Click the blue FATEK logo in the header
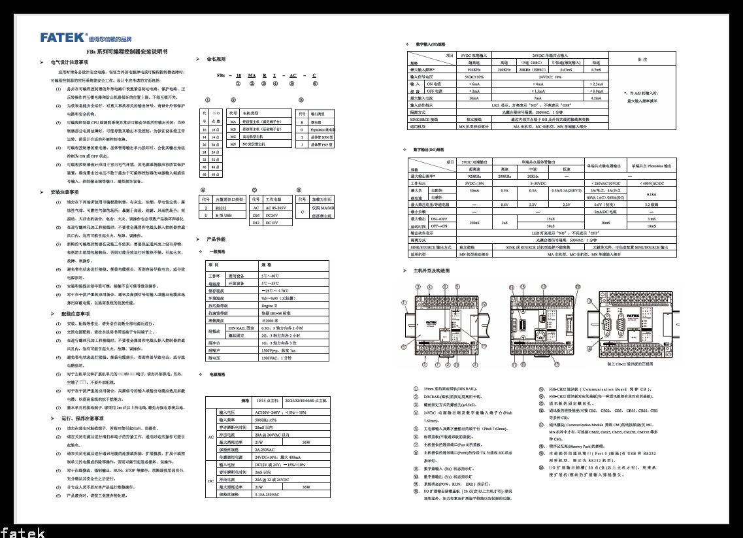63,37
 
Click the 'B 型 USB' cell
223,214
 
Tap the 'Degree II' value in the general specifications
269,305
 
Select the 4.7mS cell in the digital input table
596,69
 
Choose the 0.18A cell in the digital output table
650,194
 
